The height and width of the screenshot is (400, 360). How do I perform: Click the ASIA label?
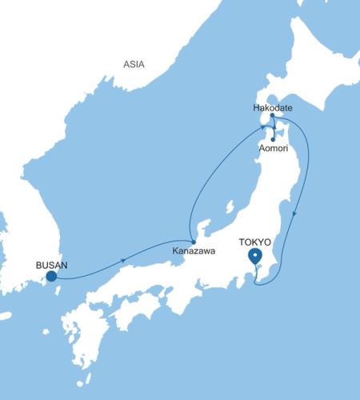click(134, 64)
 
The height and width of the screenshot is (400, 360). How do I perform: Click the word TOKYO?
click(254, 241)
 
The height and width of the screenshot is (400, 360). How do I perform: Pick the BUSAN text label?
click(51, 263)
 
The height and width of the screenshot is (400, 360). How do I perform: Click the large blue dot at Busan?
click(51, 277)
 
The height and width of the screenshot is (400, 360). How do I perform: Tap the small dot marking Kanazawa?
click(193, 242)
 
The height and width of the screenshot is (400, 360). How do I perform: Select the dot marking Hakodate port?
click(273, 116)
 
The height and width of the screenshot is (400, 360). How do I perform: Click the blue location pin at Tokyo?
click(255, 257)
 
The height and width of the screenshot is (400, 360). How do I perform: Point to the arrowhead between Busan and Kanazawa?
click(122, 261)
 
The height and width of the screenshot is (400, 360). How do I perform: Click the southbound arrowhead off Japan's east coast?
click(297, 214)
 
